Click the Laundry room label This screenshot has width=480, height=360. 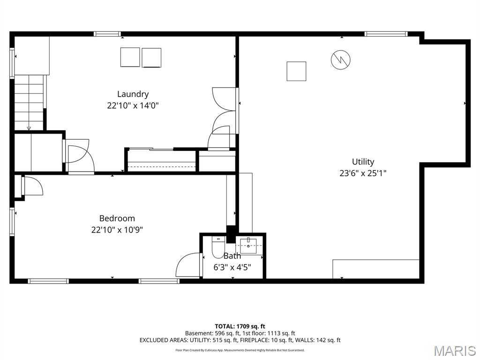(x=133, y=94)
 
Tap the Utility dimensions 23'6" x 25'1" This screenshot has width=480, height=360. (x=363, y=173)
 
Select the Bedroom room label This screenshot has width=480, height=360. (x=117, y=218)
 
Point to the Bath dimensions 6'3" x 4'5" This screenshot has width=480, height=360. (x=232, y=267)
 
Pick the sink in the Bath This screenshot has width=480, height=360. (x=248, y=245)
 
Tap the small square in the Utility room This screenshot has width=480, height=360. (x=296, y=71)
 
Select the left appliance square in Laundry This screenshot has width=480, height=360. (x=130, y=57)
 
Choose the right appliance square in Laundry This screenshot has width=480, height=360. (x=151, y=58)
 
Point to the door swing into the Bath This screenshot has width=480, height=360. (x=189, y=265)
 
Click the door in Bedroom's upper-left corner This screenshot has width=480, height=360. (x=32, y=186)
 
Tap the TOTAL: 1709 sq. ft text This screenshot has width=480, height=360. (x=240, y=326)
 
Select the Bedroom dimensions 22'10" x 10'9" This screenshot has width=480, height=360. (x=117, y=230)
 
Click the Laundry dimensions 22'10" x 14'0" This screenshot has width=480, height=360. (x=133, y=105)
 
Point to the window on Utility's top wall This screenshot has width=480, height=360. (x=386, y=34)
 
